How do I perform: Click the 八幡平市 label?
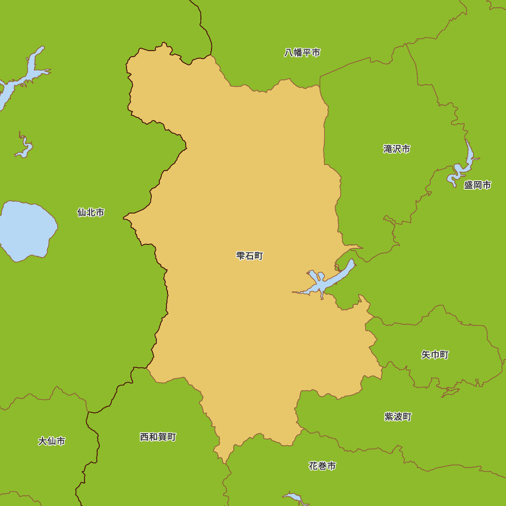point(302,53)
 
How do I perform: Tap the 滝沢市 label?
point(397,149)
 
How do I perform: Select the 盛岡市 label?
point(478,185)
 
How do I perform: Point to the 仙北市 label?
point(91,213)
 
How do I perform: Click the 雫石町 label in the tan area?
point(249,256)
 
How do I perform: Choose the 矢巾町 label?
point(435,355)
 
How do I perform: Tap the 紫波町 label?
point(398,417)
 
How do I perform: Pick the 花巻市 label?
point(322,466)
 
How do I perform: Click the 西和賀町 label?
point(158,437)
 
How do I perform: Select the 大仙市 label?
point(52,441)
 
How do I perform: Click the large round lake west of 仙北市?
point(26,230)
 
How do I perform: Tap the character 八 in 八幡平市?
point(288,53)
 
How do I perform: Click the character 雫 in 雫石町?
point(240,256)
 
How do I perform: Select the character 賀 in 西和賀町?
point(163,437)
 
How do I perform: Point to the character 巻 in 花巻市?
point(322,466)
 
